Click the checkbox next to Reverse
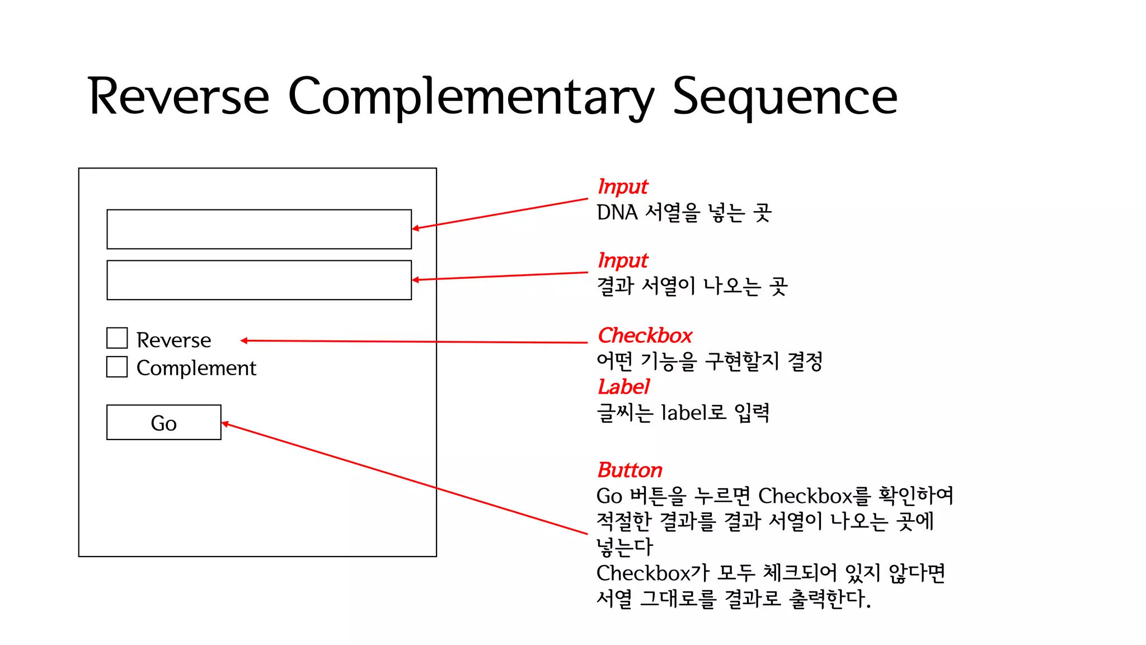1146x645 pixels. [x=117, y=338]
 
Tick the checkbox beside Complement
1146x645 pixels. [x=117, y=367]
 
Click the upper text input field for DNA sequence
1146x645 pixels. [x=259, y=229]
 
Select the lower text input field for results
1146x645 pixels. [x=259, y=280]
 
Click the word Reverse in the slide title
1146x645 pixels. [x=179, y=96]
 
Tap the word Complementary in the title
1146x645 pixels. [x=471, y=96]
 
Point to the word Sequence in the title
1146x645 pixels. [x=785, y=96]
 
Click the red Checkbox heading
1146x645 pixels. [x=645, y=335]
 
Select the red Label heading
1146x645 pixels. [x=623, y=387]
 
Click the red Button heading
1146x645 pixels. [x=630, y=470]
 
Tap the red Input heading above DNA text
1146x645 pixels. [x=622, y=186]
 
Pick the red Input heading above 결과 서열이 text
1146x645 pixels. [x=622, y=260]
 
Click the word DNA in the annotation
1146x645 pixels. [x=617, y=213]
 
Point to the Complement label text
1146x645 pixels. [x=196, y=368]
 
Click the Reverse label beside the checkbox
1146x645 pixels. [x=173, y=340]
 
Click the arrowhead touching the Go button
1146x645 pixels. [x=225, y=423]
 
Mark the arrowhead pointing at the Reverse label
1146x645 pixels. [x=244, y=340]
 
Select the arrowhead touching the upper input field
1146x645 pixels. [x=415, y=228]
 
